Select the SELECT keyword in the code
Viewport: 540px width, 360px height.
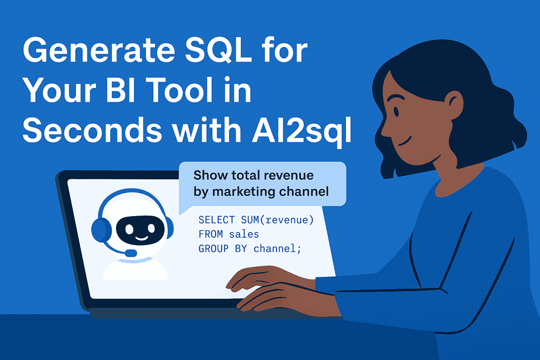[x=215, y=219]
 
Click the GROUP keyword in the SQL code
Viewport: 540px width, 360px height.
[x=211, y=248]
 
